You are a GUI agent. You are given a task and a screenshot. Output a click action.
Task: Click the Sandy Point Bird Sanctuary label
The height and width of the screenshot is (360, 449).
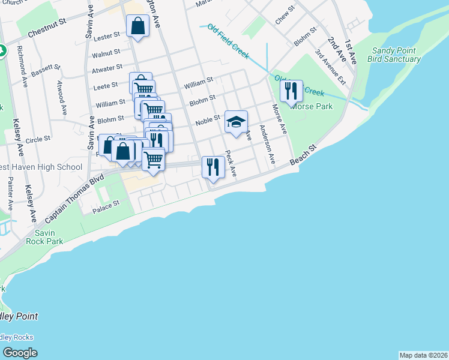(396, 55)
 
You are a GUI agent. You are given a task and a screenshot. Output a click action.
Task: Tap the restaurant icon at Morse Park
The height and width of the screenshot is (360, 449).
(291, 91)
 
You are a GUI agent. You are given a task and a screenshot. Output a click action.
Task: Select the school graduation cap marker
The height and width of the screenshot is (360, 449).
(237, 121)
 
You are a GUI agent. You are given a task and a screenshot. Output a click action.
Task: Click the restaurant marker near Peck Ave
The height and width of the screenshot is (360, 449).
(213, 167)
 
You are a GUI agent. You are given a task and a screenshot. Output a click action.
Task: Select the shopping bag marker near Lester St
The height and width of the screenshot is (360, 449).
(137, 26)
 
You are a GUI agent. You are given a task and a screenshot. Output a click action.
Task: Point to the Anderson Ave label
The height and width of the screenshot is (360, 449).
(267, 145)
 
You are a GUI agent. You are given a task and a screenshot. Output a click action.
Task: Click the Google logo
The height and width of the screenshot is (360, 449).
(20, 353)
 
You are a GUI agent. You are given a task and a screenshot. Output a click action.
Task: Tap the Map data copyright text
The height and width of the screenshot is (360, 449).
(423, 355)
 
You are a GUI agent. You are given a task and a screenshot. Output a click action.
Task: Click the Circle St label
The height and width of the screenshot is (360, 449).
(38, 139)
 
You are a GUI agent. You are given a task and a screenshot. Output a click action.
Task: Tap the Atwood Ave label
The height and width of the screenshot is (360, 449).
(61, 92)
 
